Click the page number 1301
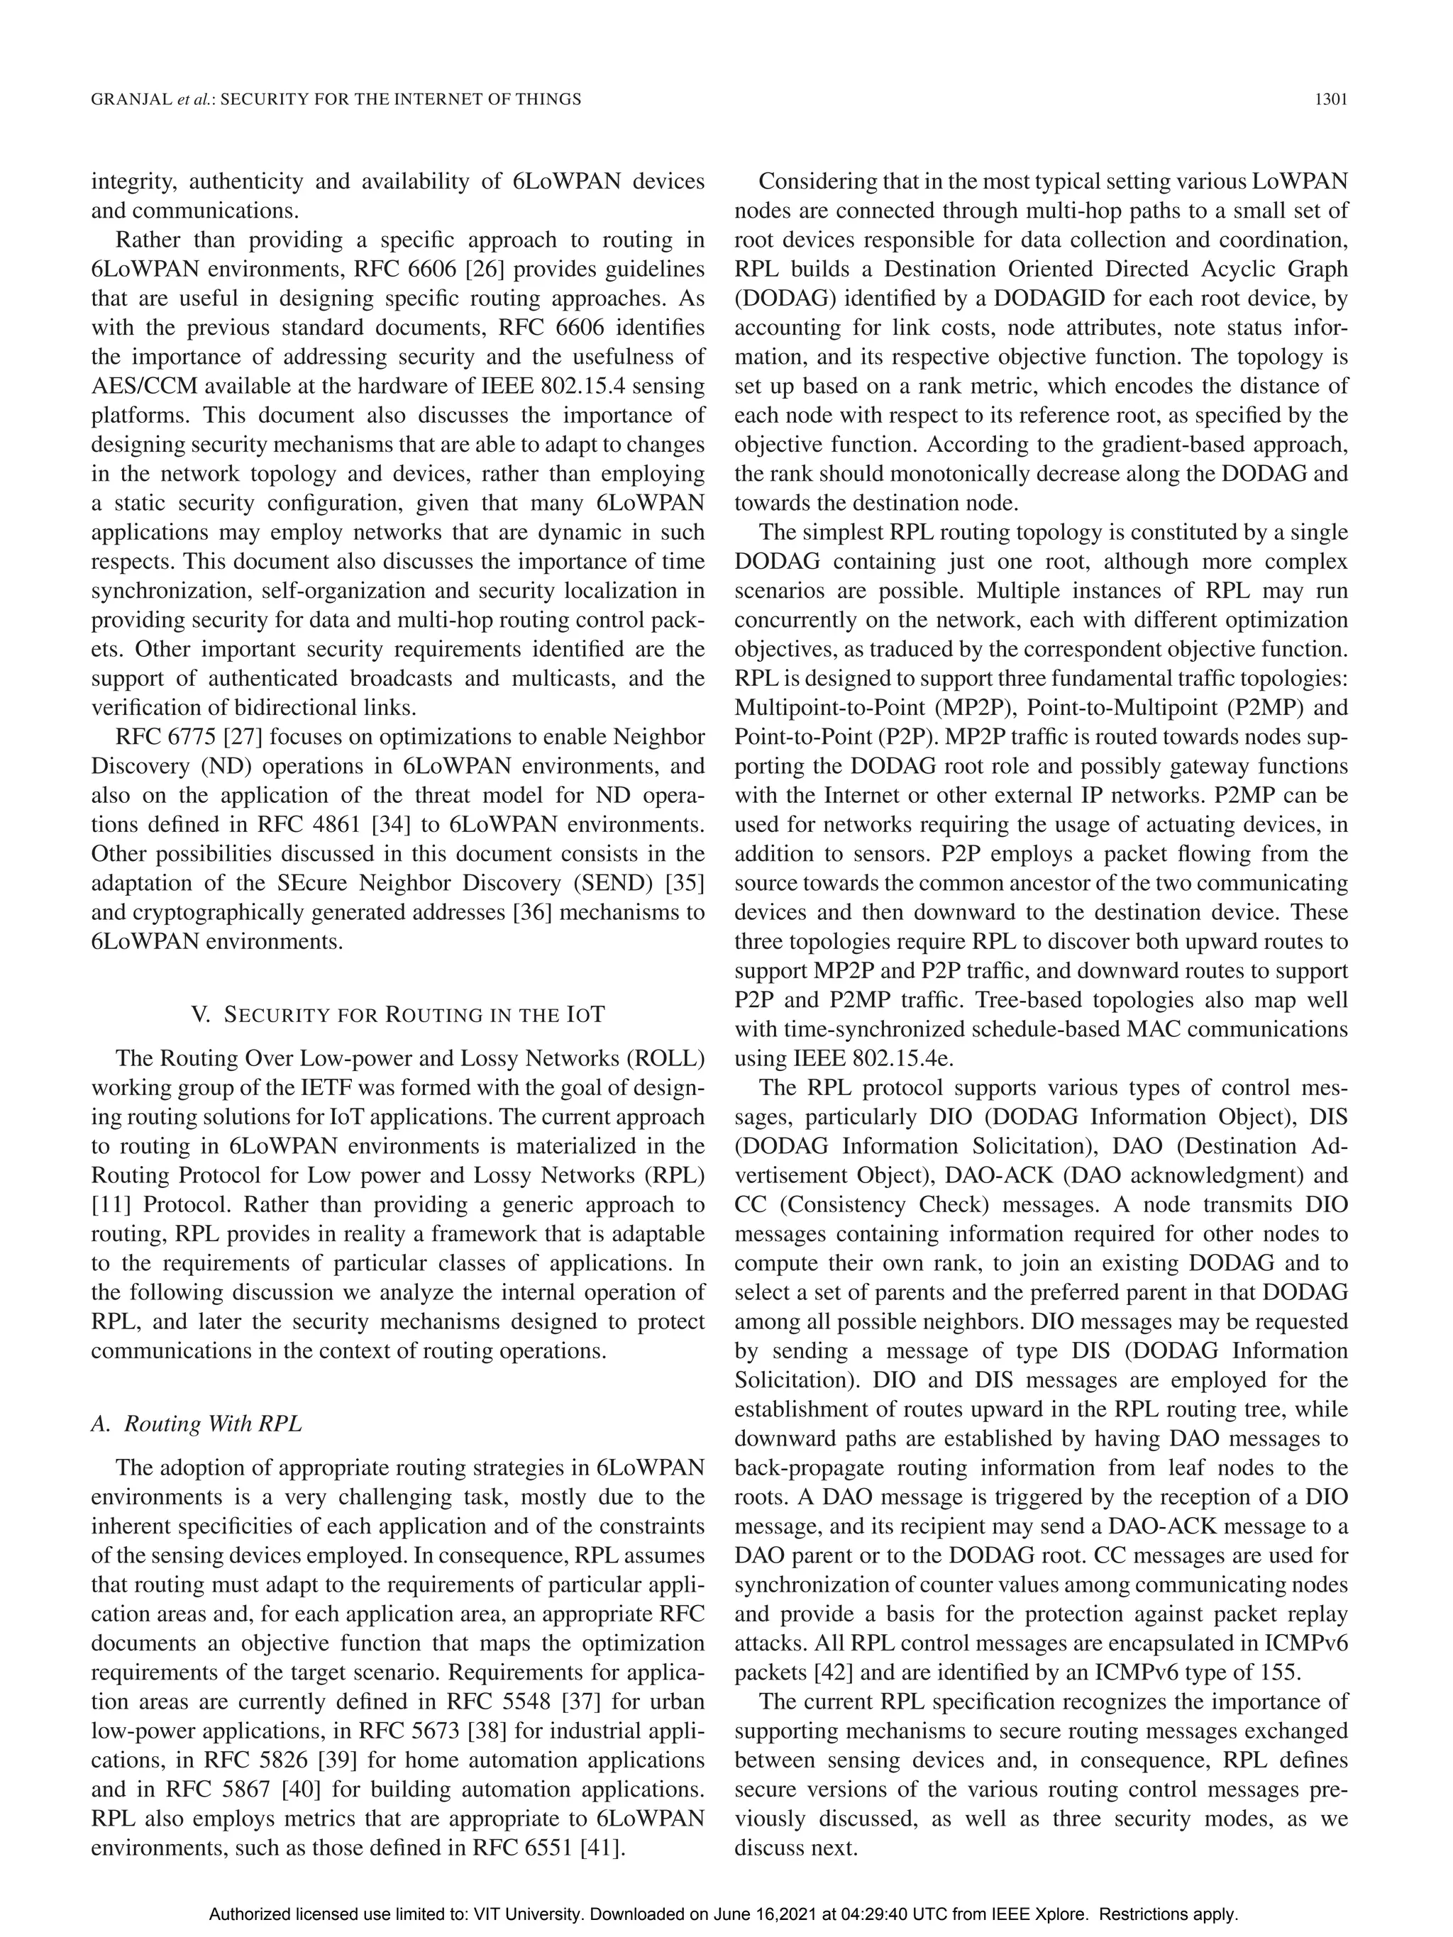(x=1330, y=100)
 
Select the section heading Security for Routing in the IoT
(x=414, y=1015)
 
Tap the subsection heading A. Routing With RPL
(x=197, y=1423)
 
